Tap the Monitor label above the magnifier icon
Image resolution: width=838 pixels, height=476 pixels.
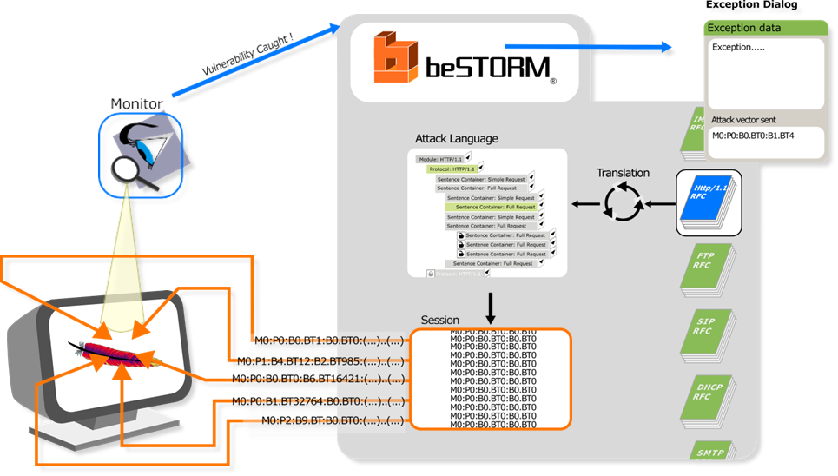pos(136,104)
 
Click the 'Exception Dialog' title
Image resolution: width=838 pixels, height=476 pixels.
pos(751,5)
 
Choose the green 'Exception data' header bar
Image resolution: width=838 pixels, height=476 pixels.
pos(764,28)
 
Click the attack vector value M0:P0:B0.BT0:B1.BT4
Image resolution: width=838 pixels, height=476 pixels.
pos(753,136)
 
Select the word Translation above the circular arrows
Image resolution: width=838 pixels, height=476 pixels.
pos(623,173)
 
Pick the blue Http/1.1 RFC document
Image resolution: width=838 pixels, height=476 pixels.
pos(709,202)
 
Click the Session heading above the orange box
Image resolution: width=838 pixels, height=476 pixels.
pos(440,321)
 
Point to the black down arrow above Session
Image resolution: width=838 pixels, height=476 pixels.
pos(490,306)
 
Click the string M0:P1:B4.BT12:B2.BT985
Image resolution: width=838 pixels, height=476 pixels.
pos(320,360)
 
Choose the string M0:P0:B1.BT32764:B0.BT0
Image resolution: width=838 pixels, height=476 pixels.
pos(318,401)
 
